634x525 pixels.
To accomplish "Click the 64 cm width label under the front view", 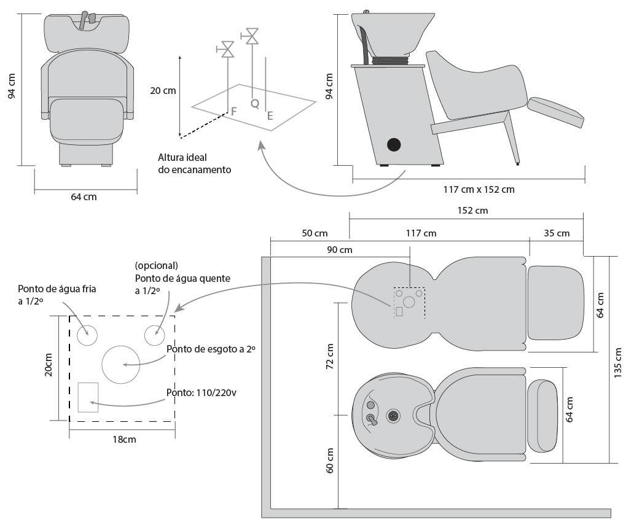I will point(84,197).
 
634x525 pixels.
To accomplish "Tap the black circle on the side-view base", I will point(393,145).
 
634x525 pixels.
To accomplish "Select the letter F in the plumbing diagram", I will point(233,112).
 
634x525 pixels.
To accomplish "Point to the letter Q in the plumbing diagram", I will point(254,104).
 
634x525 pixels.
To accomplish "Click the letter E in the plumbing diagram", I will point(270,115).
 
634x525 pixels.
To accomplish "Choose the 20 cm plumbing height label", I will point(163,90).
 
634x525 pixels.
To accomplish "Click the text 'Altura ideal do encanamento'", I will point(194,163).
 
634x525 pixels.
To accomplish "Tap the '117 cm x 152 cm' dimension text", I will point(479,189).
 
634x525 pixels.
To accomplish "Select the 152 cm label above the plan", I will point(472,210).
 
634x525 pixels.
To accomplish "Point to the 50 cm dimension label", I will point(315,233).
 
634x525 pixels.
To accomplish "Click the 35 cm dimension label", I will point(557,233).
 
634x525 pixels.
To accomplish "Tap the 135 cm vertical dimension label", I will point(617,361).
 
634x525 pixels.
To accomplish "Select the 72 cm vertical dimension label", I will point(329,356).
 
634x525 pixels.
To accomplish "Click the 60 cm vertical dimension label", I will point(329,461).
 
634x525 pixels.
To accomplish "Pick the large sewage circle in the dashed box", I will point(122,364).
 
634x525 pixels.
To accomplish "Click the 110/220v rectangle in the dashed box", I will point(88,397).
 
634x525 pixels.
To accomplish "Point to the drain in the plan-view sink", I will point(393,416).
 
